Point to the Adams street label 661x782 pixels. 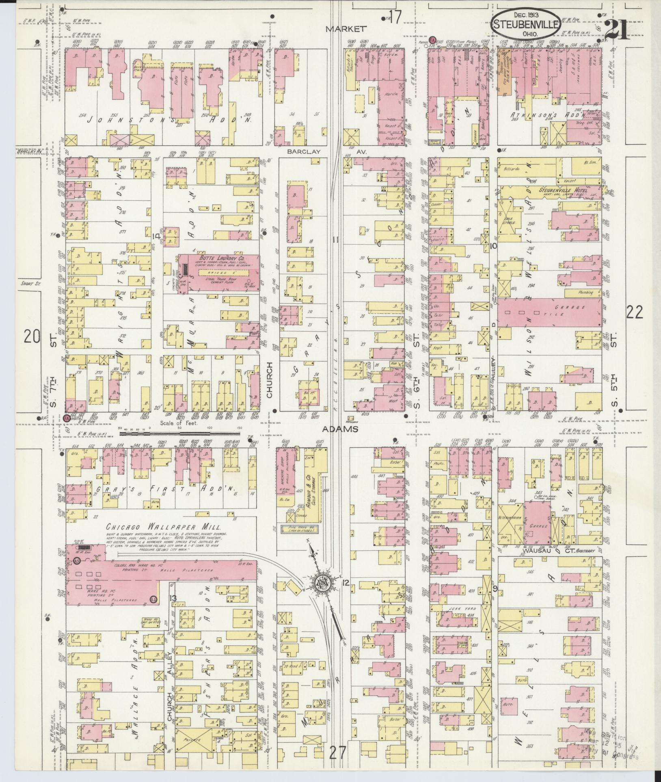pyautogui.click(x=340, y=429)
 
